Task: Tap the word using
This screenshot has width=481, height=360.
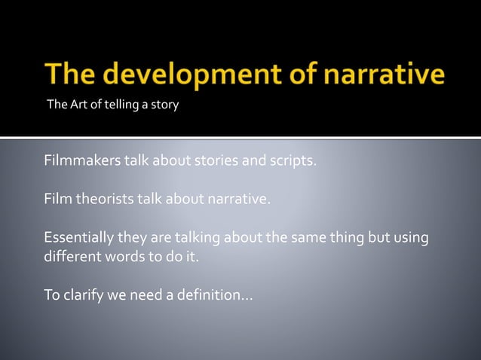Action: coord(409,239)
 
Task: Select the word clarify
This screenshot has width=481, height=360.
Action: coord(82,294)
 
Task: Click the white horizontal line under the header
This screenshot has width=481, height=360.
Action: coord(240,138)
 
